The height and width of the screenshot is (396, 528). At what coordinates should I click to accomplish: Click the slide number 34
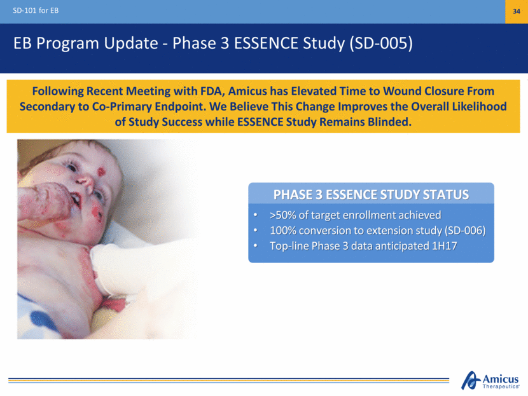516,11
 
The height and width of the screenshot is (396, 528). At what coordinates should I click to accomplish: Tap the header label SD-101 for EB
36,10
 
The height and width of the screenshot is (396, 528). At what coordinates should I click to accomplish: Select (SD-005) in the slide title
381,43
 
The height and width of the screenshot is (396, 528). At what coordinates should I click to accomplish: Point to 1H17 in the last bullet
445,246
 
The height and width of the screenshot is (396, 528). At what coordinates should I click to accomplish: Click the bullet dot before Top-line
256,246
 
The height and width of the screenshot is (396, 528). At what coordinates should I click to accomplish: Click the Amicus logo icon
470,380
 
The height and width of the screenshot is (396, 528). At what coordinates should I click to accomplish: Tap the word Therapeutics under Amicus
501,386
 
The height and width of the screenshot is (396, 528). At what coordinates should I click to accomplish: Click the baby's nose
85,182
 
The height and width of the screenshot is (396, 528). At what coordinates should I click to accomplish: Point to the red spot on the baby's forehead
101,172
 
